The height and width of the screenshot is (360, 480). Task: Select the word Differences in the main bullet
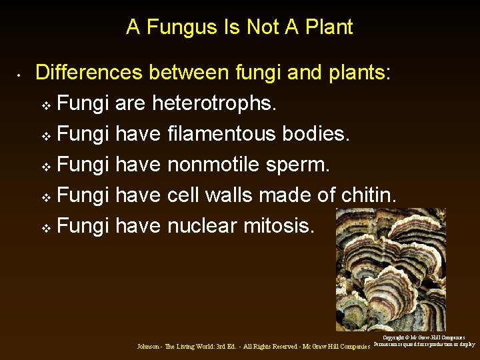(x=90, y=73)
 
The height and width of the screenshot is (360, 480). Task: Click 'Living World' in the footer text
(x=194, y=347)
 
